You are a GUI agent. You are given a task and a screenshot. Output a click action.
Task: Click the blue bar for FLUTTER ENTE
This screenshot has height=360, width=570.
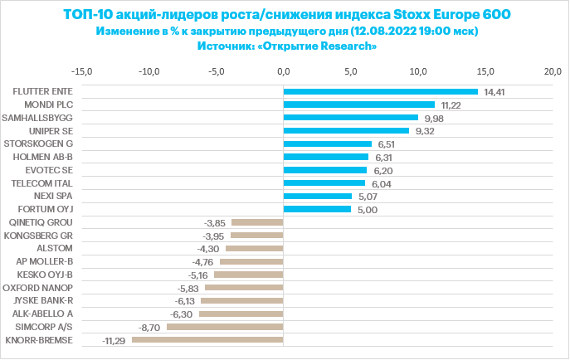(x=381, y=91)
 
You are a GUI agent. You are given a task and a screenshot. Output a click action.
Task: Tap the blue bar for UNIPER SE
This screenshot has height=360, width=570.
(x=346, y=130)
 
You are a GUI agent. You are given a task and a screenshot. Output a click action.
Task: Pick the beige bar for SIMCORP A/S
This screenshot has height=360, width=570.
(x=225, y=327)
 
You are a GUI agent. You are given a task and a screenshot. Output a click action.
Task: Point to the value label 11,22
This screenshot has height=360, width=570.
(x=451, y=105)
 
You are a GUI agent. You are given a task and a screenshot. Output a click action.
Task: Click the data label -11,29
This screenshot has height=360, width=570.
(x=113, y=340)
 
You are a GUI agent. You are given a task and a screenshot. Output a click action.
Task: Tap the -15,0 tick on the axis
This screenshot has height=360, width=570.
(x=83, y=71)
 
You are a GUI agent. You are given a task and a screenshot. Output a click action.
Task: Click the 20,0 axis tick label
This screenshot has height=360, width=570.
(x=553, y=71)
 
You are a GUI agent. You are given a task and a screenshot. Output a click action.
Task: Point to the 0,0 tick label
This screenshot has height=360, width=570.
(x=285, y=71)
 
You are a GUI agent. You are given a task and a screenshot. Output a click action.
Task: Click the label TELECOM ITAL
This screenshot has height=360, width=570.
(x=45, y=182)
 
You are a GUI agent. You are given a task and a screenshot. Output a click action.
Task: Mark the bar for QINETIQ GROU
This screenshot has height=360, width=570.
(x=257, y=222)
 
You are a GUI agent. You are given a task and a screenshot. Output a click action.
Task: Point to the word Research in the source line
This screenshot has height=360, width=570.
(x=348, y=46)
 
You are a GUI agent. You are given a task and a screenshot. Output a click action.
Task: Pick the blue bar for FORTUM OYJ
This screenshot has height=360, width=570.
(x=317, y=209)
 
